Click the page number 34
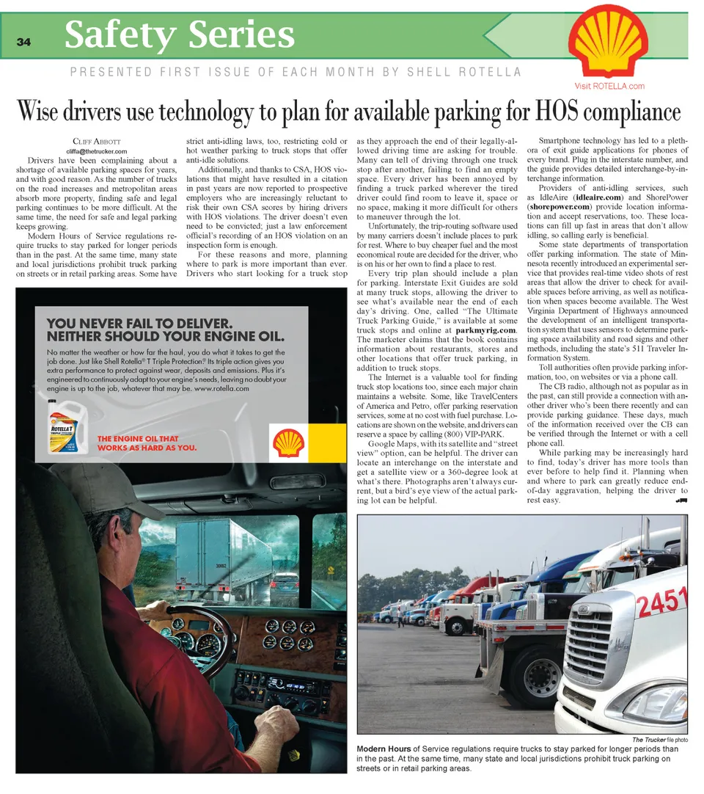23,42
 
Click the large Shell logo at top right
609,44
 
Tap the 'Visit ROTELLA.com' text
615,86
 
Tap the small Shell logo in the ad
288,443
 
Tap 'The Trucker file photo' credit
659,739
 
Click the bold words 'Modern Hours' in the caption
382,749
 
